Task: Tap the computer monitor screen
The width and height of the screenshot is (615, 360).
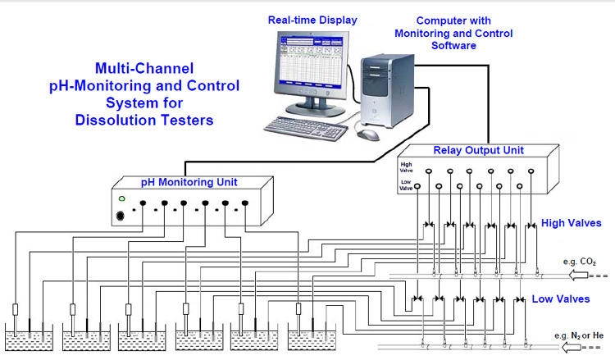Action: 307,62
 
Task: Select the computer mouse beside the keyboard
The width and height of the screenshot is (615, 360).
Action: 370,134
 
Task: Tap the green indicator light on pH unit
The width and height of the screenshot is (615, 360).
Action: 122,199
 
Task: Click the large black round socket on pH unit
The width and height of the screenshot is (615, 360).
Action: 122,216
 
